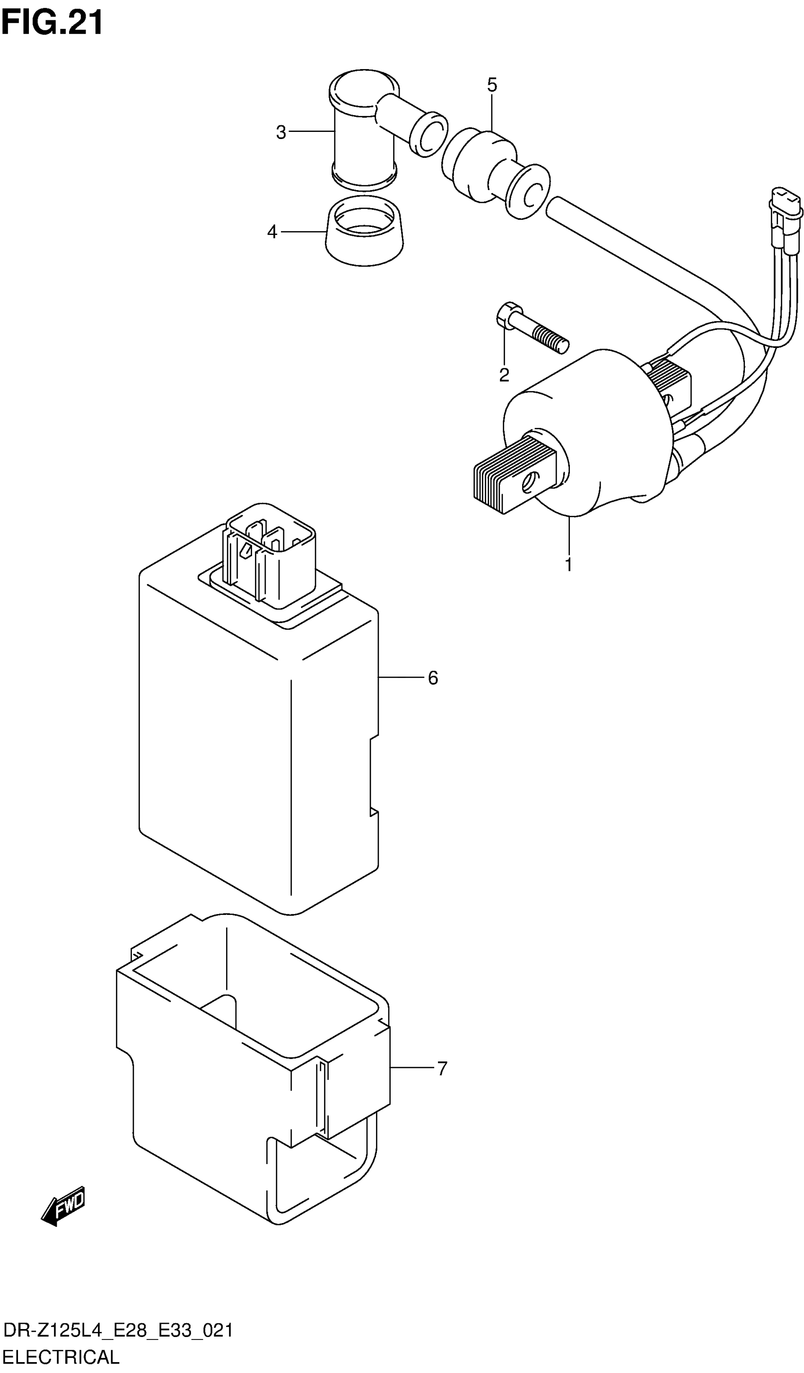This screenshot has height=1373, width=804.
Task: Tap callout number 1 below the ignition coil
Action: (x=568, y=565)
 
